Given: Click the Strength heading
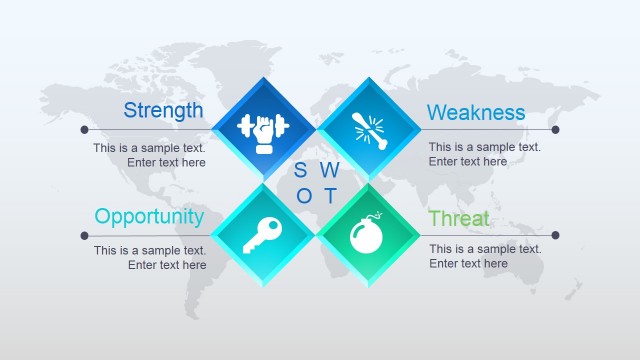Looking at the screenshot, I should tap(163, 110).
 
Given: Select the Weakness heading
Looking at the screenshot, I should tap(476, 112).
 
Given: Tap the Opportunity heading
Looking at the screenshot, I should tap(149, 216).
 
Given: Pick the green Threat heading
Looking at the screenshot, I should tap(459, 218).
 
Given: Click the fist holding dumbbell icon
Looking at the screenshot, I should tap(262, 129).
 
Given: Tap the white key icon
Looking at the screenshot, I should tap(262, 235).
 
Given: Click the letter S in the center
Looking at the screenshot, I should tap(301, 169).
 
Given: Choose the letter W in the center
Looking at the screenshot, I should tap(330, 169).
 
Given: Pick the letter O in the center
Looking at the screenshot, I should tap(305, 196).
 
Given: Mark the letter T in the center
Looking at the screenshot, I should tap(330, 196).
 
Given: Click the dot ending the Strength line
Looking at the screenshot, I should tap(84, 129).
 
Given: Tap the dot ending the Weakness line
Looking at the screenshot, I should tap(555, 129).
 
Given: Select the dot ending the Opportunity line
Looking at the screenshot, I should tap(84, 235).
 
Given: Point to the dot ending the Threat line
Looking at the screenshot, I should tap(555, 235).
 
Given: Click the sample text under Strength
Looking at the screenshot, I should tap(150, 155).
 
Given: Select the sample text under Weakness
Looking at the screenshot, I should tap(485, 154).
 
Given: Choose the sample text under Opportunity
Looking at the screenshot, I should tap(150, 258).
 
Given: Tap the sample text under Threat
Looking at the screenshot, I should tap(485, 256).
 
